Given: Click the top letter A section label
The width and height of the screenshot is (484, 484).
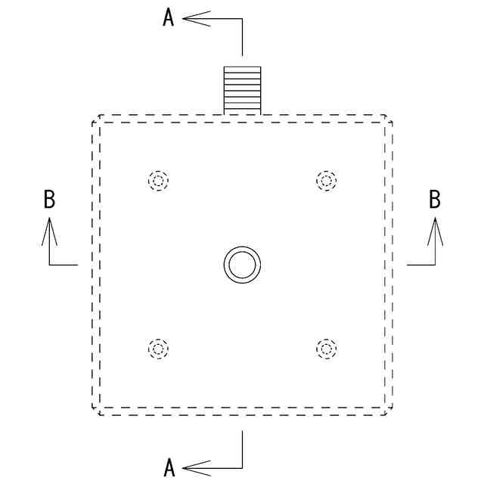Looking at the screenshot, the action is [169, 18].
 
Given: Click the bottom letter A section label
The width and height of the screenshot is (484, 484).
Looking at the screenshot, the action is [169, 468].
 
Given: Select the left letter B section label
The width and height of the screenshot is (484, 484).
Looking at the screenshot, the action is [49, 200].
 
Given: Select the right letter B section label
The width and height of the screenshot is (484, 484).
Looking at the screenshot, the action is [435, 200].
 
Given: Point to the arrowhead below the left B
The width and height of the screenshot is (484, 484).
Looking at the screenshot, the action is [49, 231].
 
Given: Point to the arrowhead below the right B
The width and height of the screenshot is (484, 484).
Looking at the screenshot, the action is [435, 231].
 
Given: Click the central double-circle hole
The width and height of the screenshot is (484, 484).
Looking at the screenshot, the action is [242, 265].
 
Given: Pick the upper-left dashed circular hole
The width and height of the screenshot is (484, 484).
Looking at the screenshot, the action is [158, 181].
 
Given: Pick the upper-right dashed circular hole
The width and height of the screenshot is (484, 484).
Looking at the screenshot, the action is [326, 181].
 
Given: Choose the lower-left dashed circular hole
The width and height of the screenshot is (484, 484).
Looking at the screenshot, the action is [158, 349].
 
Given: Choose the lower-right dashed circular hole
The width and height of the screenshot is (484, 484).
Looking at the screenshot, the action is [326, 349].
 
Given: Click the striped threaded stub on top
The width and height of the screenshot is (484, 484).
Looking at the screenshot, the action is [242, 90].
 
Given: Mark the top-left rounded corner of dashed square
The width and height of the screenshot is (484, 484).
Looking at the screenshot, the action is [96, 119].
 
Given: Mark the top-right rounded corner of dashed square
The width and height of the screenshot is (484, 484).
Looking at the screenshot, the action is [388, 119].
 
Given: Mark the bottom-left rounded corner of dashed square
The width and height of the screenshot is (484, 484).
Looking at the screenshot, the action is [96, 411].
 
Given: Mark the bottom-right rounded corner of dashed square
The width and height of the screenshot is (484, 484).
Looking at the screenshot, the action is [388, 411].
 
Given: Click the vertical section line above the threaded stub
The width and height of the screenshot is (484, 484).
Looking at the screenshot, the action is [242, 38].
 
